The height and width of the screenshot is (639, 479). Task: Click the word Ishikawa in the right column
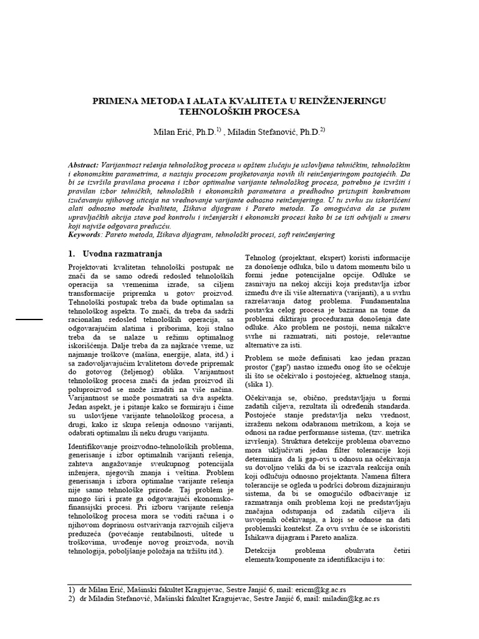[264, 537]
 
